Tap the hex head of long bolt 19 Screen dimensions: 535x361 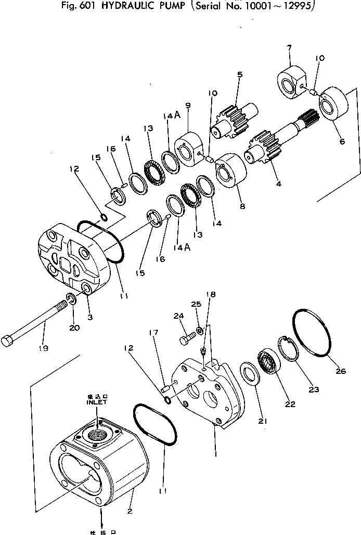pos(7,342)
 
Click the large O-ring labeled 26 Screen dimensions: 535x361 pos(312,333)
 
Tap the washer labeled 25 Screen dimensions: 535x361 pos(200,331)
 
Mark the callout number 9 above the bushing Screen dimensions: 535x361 pos(188,106)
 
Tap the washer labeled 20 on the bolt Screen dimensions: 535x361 pos(70,299)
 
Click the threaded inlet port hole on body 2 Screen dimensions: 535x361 pos(97,432)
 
